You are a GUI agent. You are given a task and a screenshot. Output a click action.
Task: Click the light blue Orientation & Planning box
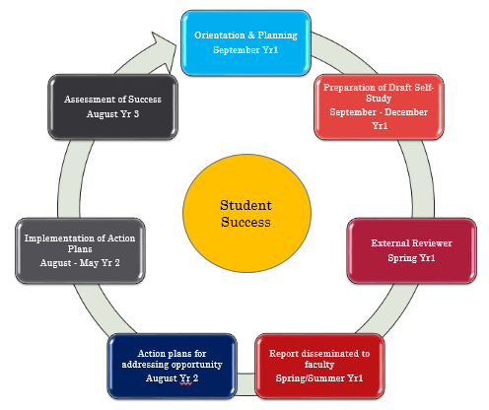tap(245, 43)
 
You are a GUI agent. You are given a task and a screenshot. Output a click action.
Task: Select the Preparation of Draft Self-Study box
tap(379, 106)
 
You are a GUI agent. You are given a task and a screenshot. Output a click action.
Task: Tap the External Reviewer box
tap(411, 250)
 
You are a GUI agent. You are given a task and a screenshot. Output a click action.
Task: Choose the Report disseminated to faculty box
tap(319, 366)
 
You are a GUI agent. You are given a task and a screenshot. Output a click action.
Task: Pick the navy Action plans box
tap(172, 366)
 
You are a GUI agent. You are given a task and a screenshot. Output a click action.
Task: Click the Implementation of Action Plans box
tap(80, 250)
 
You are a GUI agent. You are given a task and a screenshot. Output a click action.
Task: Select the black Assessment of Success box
tap(112, 106)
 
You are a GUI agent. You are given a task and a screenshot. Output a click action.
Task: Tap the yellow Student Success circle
tap(246, 213)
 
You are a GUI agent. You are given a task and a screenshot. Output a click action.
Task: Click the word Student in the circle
tap(245, 205)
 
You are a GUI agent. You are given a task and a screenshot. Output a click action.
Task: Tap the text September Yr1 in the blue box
tap(245, 50)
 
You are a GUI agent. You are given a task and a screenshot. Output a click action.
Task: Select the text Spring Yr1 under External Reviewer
tap(411, 258)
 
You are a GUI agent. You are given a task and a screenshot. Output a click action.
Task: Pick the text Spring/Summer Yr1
tap(319, 378)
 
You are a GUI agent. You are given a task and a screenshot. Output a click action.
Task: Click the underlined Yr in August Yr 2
tap(185, 378)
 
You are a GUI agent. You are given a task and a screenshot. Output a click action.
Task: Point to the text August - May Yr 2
tap(80, 263)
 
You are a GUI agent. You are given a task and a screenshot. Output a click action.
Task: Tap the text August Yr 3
tap(112, 114)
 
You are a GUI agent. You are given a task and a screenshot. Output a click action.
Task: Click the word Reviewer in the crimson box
tap(432, 243)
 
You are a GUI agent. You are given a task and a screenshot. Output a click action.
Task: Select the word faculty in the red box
tap(319, 365)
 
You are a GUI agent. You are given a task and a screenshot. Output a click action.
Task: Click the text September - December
tap(379, 112)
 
